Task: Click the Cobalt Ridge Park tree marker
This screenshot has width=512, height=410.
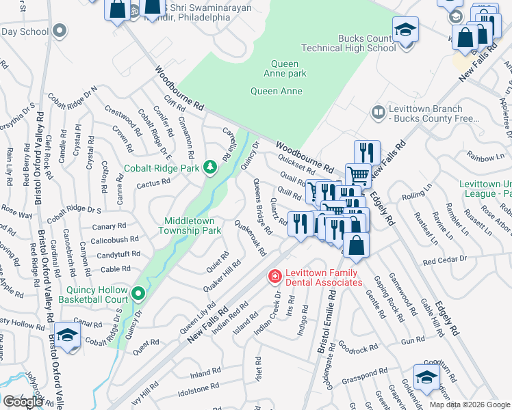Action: (212, 167)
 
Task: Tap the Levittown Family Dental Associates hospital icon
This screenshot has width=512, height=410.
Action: (274, 277)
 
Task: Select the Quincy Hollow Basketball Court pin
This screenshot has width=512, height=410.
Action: (139, 294)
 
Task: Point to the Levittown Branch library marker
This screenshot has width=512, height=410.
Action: (377, 111)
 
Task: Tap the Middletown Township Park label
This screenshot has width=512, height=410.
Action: (192, 225)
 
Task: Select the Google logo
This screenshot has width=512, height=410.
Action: (23, 401)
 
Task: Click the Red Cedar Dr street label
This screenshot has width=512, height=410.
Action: (444, 261)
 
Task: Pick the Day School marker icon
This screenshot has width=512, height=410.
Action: (60, 30)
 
